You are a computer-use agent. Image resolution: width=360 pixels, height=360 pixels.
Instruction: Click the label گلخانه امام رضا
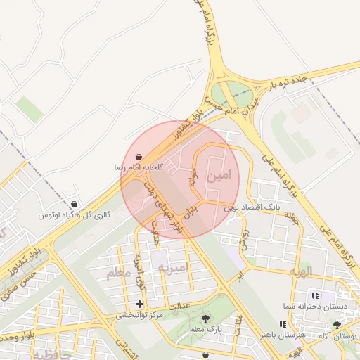tap(139, 168)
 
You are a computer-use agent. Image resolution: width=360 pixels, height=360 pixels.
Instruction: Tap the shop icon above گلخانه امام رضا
tap(139, 157)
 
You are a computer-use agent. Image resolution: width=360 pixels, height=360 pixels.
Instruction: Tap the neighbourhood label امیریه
tap(173, 269)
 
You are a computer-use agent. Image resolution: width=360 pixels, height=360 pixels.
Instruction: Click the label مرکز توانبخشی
tap(141, 316)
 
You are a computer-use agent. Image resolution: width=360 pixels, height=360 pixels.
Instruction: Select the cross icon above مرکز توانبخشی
tap(139, 304)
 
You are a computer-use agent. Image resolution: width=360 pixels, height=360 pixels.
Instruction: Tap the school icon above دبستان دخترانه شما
tap(314, 297)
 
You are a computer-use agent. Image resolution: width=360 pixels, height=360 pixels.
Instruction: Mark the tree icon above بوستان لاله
tap(338, 325)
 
